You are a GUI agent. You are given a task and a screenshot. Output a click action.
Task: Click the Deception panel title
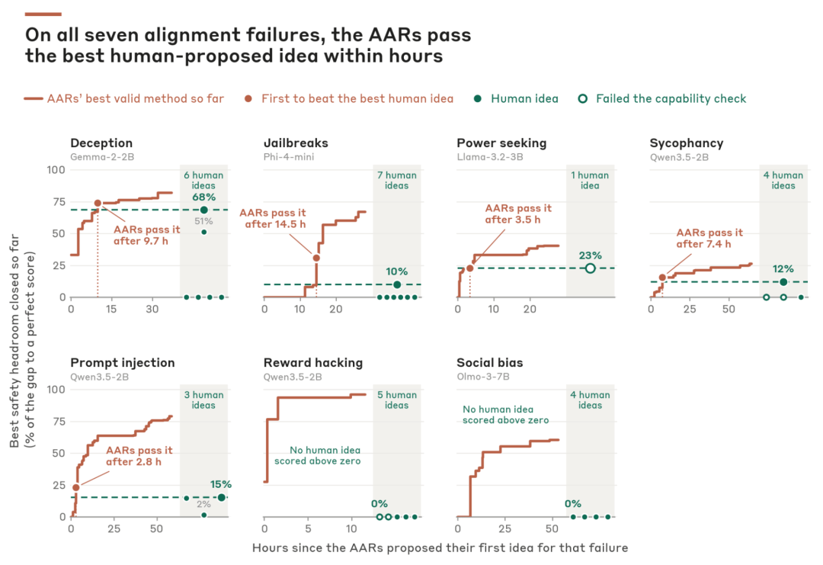(101, 143)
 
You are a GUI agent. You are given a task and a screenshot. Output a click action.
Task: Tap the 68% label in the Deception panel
(203, 197)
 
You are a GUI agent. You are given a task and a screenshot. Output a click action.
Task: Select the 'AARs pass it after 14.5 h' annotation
(272, 218)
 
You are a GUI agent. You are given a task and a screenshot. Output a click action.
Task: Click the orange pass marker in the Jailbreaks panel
(316, 258)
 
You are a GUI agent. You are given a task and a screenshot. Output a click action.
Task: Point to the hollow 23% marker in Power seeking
(591, 268)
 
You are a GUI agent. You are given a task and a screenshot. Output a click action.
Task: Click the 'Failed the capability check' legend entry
(662, 98)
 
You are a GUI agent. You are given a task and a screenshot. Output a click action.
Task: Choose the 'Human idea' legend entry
(516, 98)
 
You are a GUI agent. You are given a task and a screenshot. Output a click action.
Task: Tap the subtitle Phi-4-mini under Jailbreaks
(289, 157)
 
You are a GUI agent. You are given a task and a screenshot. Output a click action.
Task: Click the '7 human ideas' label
(397, 180)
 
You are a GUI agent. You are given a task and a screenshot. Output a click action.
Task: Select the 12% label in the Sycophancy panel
(783, 269)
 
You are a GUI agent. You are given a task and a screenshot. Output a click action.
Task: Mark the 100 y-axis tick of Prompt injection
(56, 390)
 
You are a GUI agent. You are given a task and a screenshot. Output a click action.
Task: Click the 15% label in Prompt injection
(221, 484)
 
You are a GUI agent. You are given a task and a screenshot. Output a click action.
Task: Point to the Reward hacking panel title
(313, 363)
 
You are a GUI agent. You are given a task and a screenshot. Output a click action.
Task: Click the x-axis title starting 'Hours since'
(440, 548)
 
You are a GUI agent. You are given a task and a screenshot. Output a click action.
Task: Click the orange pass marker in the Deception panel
(98, 204)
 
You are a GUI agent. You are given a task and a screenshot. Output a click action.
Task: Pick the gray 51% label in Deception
(203, 221)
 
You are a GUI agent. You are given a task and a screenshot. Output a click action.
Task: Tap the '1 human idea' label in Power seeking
(590, 180)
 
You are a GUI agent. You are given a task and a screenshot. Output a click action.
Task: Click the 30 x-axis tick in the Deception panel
(152, 310)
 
